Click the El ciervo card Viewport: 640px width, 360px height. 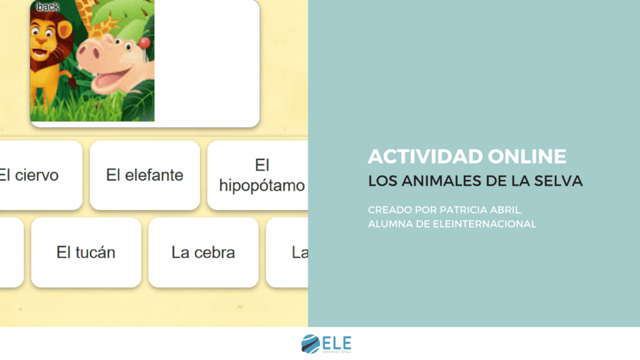pos(31,175)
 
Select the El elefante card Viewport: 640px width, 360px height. pos(144,175)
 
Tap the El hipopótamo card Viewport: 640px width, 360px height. pos(262,175)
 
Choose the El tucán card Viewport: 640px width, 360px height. pos(86,252)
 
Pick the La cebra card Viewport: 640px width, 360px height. pos(203,252)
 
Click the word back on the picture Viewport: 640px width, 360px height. pos(47,7)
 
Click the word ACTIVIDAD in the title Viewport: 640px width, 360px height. pos(413,156)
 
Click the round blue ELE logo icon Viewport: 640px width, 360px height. pos(310,343)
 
